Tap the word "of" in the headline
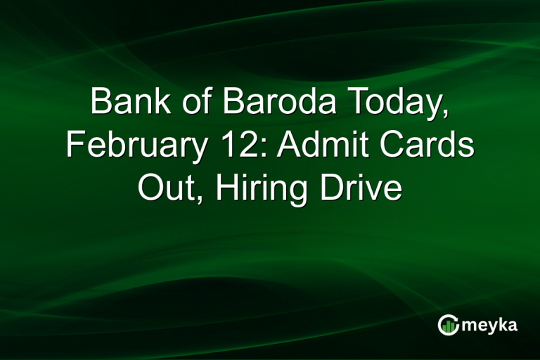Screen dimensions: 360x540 190,104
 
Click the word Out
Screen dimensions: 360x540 167,188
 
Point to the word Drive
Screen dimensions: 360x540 362,188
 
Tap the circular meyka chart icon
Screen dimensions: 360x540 448,325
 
